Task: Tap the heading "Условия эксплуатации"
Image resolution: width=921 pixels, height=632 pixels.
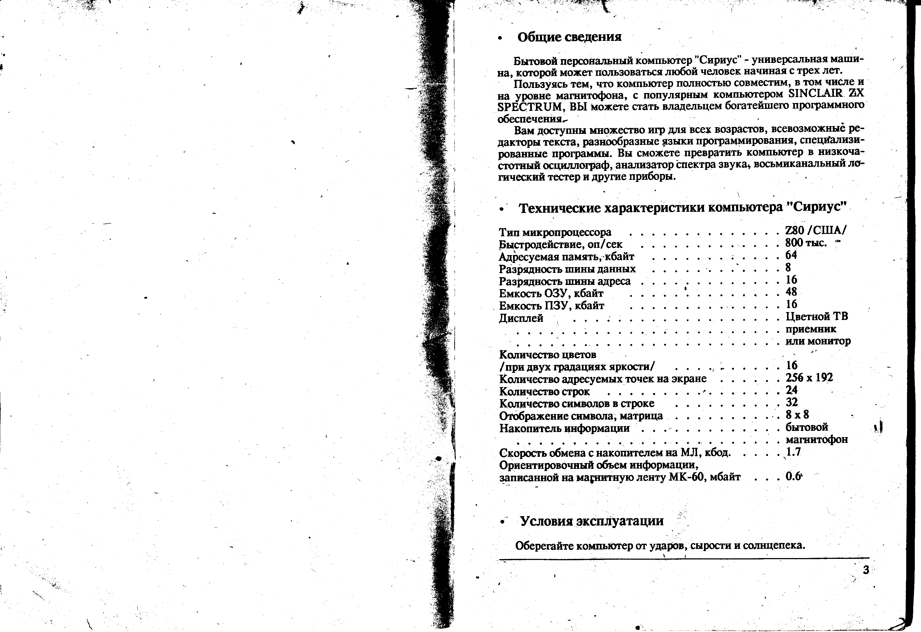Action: (x=591, y=521)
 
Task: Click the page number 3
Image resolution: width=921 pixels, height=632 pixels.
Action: (x=866, y=570)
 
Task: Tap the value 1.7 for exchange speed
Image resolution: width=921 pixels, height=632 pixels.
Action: (x=793, y=452)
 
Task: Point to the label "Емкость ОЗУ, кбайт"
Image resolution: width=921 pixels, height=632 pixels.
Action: (x=551, y=294)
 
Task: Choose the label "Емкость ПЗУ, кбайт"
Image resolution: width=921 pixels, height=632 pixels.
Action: (x=551, y=306)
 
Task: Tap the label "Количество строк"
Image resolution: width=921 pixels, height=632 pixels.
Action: (x=544, y=391)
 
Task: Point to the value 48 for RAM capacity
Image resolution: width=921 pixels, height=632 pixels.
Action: (x=791, y=292)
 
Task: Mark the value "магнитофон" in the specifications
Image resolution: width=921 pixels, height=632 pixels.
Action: (x=817, y=440)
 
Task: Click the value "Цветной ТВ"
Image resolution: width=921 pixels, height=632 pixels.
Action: (x=817, y=317)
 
